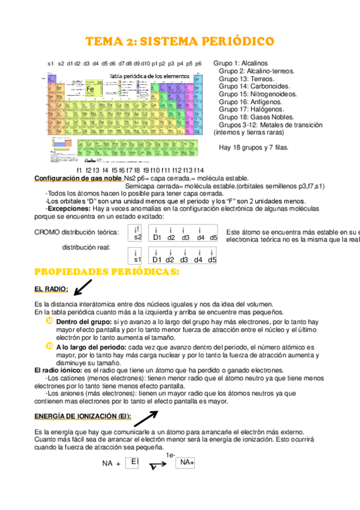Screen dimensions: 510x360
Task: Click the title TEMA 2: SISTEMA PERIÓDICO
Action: click(x=180, y=41)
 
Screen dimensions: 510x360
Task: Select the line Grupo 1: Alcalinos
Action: click(x=240, y=63)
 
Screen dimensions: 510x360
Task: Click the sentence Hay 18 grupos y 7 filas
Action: click(x=254, y=147)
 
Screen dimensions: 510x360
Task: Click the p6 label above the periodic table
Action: click(x=198, y=63)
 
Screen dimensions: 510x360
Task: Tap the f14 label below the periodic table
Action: click(x=199, y=170)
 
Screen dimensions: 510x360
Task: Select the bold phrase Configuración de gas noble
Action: click(x=78, y=179)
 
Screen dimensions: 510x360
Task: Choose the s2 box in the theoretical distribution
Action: click(x=138, y=233)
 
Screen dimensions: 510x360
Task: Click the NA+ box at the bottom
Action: click(x=186, y=462)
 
